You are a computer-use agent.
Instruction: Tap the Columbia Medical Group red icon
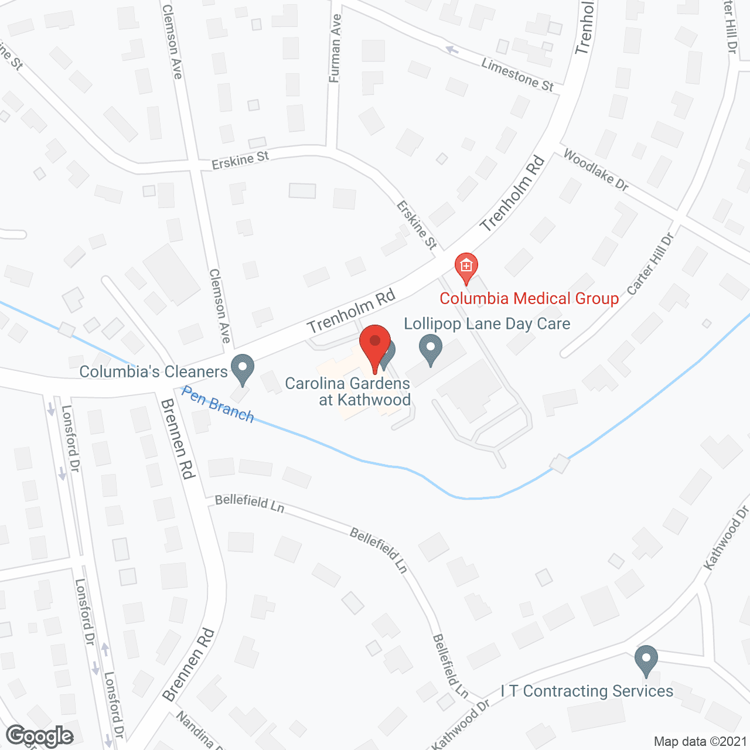466,267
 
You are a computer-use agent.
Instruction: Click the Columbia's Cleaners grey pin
242,369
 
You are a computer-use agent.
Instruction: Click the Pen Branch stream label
217,404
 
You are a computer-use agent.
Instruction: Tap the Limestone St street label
517,74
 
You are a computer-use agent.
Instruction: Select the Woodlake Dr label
595,170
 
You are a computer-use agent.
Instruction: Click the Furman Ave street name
335,48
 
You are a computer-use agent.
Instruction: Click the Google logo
40,736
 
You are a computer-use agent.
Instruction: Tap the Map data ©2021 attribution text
700,742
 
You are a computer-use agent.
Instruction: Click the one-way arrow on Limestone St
452,50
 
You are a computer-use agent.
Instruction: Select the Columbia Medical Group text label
529,298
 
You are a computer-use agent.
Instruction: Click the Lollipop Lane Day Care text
487,323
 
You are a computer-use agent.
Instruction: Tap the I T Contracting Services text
587,691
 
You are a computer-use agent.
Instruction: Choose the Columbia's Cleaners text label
154,371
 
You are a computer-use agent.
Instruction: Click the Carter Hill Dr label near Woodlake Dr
650,264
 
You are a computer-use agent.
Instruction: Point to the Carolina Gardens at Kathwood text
347,391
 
